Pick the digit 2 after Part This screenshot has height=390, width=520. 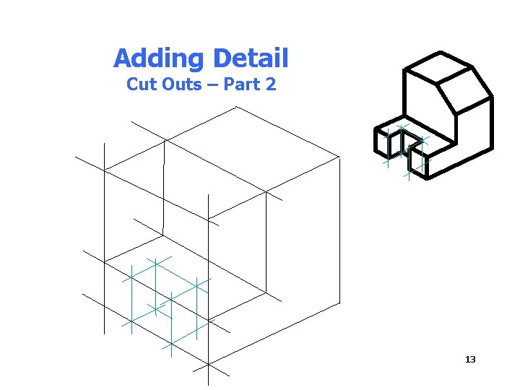[x=271, y=84]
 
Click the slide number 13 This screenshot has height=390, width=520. [x=470, y=360]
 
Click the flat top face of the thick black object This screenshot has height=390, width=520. [x=438, y=70]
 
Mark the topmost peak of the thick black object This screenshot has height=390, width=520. [x=440, y=52]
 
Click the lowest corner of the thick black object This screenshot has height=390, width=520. [x=425, y=177]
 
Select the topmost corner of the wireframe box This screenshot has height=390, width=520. [x=236, y=107]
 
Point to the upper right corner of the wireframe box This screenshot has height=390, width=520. [x=339, y=157]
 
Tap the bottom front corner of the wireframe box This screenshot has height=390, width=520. [x=208, y=364]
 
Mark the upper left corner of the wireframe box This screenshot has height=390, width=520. [x=104, y=170]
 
